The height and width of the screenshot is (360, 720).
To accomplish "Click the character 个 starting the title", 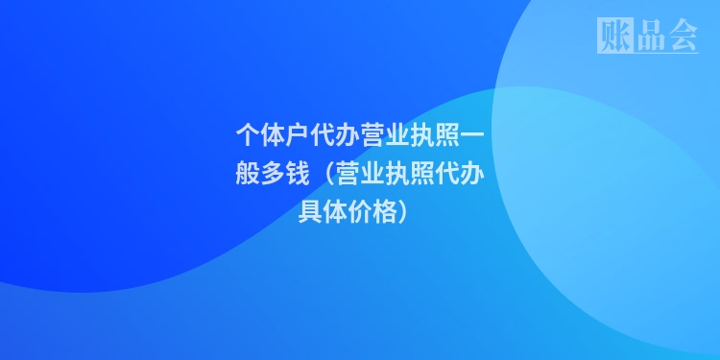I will [x=247, y=132].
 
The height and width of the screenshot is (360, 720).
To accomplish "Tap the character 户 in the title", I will [x=297, y=132].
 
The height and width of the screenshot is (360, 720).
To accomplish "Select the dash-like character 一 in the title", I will [x=471, y=132].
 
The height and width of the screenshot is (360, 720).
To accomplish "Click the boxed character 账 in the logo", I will [x=613, y=36].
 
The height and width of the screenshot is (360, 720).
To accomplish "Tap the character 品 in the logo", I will [x=648, y=36].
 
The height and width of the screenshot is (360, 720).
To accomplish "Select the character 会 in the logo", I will [x=681, y=36].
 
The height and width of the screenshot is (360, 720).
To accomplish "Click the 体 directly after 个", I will [x=272, y=132].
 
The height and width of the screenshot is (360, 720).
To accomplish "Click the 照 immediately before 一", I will [x=446, y=132].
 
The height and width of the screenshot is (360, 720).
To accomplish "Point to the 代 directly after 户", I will [x=322, y=132].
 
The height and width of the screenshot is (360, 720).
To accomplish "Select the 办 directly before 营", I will [x=347, y=132].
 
